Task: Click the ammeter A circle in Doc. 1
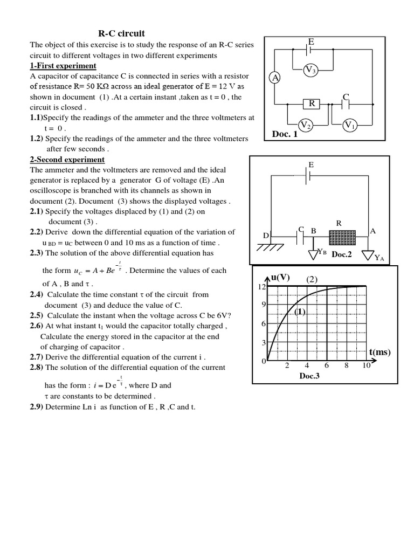[275, 78]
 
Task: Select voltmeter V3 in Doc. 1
[311, 70]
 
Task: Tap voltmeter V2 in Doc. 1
[306, 126]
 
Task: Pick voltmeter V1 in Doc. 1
[350, 126]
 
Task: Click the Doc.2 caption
[341, 254]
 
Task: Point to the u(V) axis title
[280, 277]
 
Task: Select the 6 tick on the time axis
[327, 365]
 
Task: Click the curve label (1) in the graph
[300, 312]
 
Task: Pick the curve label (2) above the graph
[314, 279]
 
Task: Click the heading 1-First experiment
[63, 66]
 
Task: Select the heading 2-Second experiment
[67, 160]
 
